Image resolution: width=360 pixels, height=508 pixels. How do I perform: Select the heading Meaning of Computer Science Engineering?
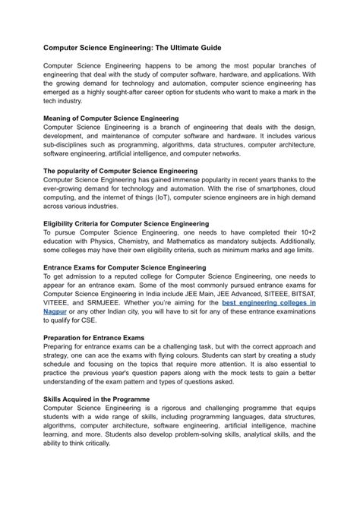112,118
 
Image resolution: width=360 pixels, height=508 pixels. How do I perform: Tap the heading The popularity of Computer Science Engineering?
121,171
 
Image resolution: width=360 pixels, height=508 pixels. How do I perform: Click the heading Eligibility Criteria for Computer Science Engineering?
126,224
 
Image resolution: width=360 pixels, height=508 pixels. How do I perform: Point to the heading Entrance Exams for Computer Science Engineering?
125,267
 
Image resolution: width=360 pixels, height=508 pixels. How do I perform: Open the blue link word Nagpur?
55,311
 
